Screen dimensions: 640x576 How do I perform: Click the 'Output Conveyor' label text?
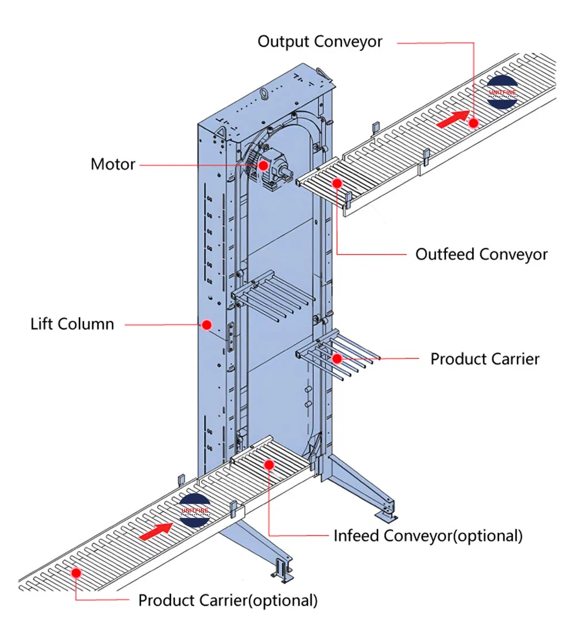tap(320, 42)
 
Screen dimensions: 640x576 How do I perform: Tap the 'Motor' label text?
tap(113, 164)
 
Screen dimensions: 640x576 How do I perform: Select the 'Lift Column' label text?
tap(72, 324)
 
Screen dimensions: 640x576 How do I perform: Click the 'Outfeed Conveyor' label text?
tap(482, 254)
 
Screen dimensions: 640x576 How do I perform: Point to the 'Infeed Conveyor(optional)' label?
tap(428, 535)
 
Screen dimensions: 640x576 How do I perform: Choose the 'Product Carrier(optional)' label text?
tap(228, 601)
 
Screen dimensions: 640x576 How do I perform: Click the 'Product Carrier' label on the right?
tap(485, 359)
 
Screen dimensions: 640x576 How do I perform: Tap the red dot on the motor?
tap(263, 165)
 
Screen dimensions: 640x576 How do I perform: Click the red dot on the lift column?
tap(206, 325)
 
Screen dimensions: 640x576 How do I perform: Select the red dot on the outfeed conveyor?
tap(338, 183)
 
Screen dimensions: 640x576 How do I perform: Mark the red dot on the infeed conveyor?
tap(268, 464)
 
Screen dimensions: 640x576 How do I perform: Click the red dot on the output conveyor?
tap(473, 123)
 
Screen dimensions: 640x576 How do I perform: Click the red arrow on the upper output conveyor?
tap(453, 119)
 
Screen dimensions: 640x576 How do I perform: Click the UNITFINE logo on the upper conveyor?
tap(502, 92)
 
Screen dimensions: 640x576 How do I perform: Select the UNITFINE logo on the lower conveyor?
tap(195, 510)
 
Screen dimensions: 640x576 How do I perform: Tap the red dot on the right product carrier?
tap(337, 358)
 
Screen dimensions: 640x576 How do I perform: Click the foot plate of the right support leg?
tap(386, 511)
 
